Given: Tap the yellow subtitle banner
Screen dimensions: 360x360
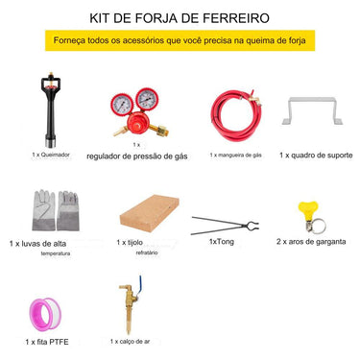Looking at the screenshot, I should pyautogui.click(x=180, y=42).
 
